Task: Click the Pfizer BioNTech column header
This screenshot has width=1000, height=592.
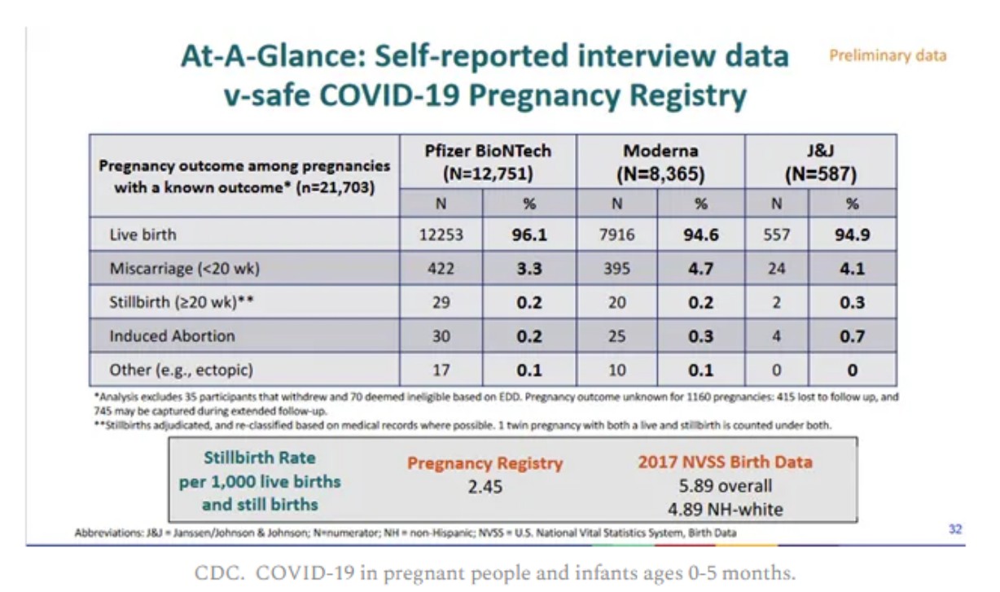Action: pyautogui.click(x=488, y=162)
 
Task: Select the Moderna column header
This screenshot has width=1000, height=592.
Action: pyautogui.click(x=660, y=162)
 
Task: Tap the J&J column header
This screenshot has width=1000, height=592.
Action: pyautogui.click(x=821, y=162)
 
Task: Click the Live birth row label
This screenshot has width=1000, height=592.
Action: pyautogui.click(x=143, y=235)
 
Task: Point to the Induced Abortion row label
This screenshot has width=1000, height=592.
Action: pyautogui.click(x=172, y=335)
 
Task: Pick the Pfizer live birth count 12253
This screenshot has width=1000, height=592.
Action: pyautogui.click(x=441, y=235)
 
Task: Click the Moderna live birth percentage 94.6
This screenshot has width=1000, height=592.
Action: pyautogui.click(x=701, y=235)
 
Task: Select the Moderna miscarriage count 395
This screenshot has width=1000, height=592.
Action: pyautogui.click(x=616, y=269)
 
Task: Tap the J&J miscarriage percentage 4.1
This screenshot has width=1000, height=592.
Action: pyautogui.click(x=853, y=269)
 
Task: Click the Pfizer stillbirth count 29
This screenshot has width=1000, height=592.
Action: pyautogui.click(x=441, y=302)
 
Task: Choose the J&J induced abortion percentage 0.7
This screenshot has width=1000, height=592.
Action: pyautogui.click(x=853, y=336)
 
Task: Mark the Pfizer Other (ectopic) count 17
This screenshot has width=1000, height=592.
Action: pyautogui.click(x=441, y=370)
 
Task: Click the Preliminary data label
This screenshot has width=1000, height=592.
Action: pyautogui.click(x=888, y=55)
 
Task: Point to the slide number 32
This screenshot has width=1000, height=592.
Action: pyautogui.click(x=955, y=529)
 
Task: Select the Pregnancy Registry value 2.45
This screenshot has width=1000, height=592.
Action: pyautogui.click(x=485, y=487)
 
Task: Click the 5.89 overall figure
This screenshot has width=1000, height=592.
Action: pyautogui.click(x=725, y=486)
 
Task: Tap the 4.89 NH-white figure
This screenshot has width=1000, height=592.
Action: pyautogui.click(x=725, y=510)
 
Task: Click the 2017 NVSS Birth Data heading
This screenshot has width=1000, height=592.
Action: pyautogui.click(x=725, y=462)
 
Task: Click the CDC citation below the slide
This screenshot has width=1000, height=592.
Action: pyautogui.click(x=494, y=572)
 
